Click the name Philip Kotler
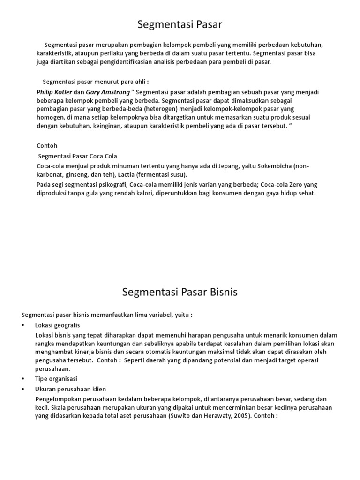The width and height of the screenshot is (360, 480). (54, 92)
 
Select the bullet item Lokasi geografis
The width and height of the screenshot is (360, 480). (58, 325)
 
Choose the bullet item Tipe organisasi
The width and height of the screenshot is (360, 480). (56, 378)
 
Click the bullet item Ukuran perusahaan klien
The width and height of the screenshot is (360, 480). (70, 389)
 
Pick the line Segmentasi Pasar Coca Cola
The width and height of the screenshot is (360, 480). (77, 156)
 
